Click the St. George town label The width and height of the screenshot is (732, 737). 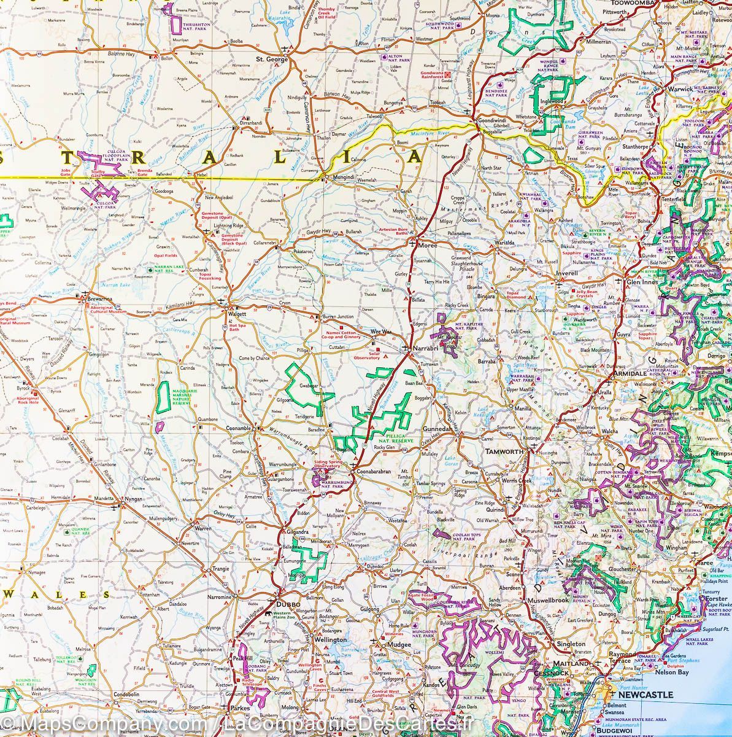(272, 60)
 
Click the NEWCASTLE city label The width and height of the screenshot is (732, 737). (645, 695)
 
